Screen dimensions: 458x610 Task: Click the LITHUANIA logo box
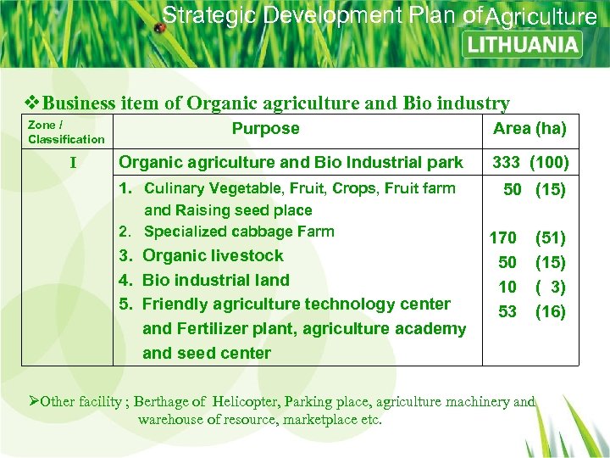[x=523, y=44]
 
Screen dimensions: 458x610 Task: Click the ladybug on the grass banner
[x=158, y=28]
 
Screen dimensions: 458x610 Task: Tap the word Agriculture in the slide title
[x=542, y=17]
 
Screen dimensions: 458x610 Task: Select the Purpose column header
[x=265, y=129]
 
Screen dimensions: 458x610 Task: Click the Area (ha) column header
[x=530, y=129]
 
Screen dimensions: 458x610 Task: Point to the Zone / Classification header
[x=66, y=132]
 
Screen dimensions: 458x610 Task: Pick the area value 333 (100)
[x=530, y=162]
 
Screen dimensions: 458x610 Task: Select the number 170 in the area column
[x=502, y=238]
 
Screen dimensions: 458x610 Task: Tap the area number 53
[x=507, y=311]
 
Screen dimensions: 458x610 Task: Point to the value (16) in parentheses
[x=550, y=311]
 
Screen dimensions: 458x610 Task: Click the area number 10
[x=507, y=288]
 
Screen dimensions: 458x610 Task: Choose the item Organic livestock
[x=213, y=255]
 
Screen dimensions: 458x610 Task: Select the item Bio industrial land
[x=216, y=280]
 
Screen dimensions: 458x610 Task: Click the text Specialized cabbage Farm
[x=239, y=232]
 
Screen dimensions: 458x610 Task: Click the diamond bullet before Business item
[x=33, y=103]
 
